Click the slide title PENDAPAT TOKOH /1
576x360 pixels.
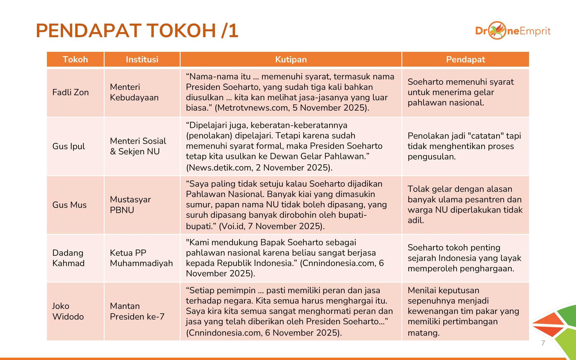[x=137, y=31]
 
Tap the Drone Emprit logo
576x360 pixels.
[x=513, y=31]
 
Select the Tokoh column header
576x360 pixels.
[x=75, y=59]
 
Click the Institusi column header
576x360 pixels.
[x=142, y=59]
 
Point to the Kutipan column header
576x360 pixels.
[x=291, y=59]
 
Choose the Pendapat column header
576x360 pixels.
[x=465, y=59]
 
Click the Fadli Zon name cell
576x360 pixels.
[x=71, y=92]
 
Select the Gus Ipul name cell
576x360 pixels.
[x=69, y=146]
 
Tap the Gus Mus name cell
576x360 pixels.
[x=69, y=205]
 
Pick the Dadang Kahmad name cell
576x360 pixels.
[x=69, y=258]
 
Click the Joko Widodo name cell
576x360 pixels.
[x=68, y=311]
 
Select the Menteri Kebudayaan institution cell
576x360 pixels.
[x=134, y=92]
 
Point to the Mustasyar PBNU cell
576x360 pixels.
[x=130, y=205]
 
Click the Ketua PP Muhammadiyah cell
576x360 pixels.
[x=141, y=258]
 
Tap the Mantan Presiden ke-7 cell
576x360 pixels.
[x=137, y=311]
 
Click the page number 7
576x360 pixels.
[x=543, y=343]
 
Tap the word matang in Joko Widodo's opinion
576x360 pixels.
[x=423, y=333]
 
